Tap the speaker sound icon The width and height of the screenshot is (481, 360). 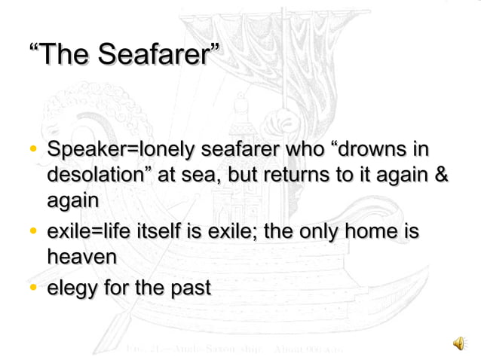[x=458, y=344]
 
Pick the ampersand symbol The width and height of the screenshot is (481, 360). [x=443, y=175]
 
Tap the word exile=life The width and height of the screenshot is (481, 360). [x=85, y=233]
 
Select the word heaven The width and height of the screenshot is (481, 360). [x=81, y=257]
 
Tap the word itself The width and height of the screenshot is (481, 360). [x=157, y=233]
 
